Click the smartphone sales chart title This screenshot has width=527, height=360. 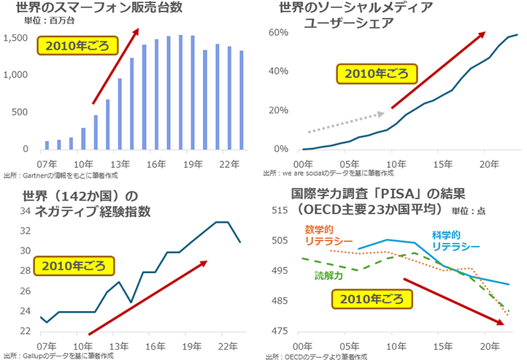pos(93,9)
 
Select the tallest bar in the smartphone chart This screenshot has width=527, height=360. pos(180,92)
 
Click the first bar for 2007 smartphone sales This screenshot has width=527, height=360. pos(47,145)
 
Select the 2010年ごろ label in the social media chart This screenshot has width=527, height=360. pos(376,74)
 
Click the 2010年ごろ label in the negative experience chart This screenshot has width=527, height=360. pos(75,265)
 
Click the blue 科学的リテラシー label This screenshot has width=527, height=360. pos(455,241)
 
